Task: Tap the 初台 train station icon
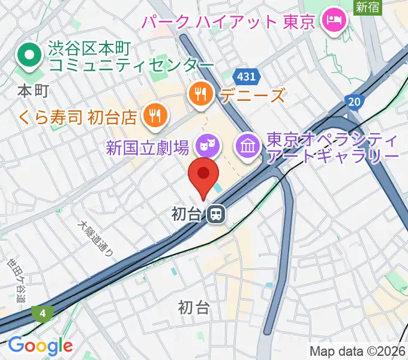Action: tap(216, 214)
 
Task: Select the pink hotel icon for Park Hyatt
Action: tap(331, 22)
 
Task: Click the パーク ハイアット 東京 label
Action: tap(228, 23)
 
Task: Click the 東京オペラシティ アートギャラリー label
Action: tap(332, 148)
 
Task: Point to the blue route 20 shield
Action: tap(355, 102)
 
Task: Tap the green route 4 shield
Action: tap(44, 313)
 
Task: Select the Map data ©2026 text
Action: tap(357, 352)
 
